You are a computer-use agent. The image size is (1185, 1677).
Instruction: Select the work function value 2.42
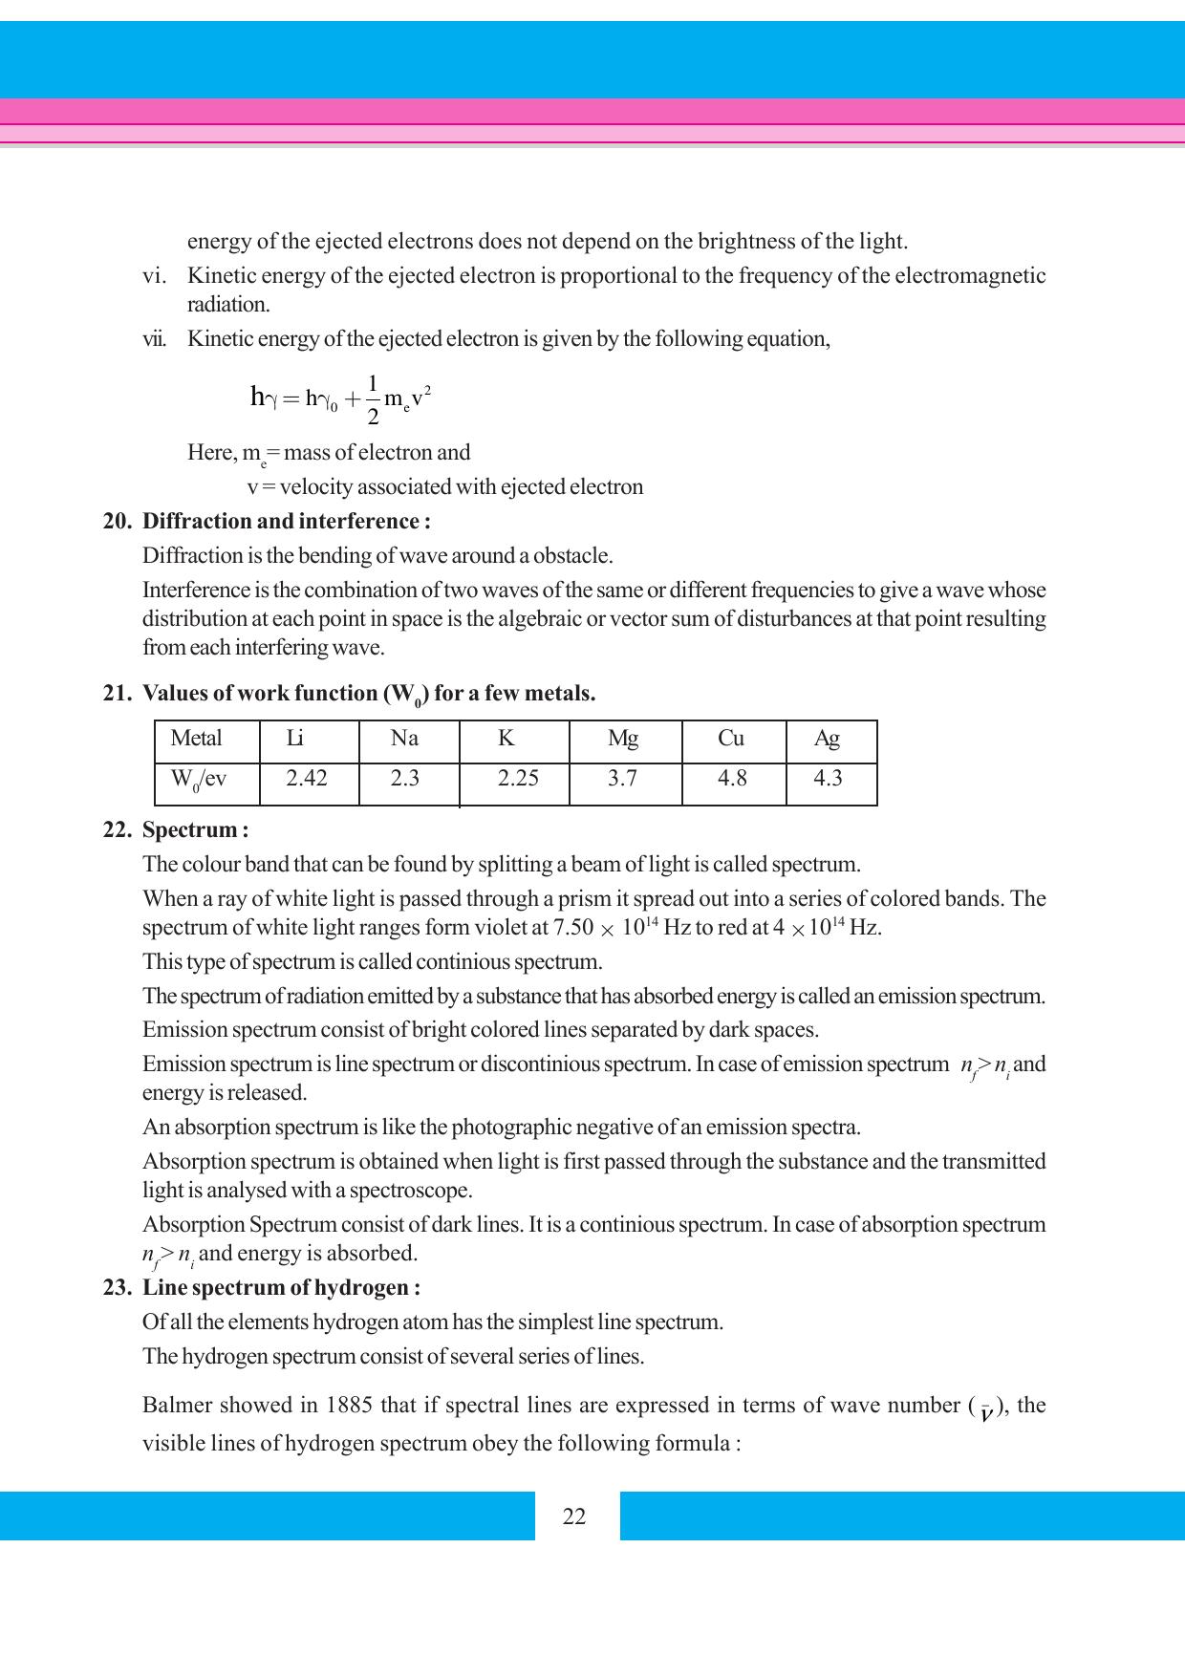coord(307,779)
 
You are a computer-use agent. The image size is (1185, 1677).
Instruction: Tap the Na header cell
coord(404,739)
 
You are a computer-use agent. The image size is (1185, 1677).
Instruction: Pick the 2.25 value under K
coord(518,779)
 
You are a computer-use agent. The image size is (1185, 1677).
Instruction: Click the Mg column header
coord(623,739)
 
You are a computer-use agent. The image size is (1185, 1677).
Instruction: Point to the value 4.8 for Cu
coord(732,779)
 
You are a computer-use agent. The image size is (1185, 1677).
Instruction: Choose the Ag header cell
coord(827,739)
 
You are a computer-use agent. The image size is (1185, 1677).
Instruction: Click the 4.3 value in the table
coord(828,779)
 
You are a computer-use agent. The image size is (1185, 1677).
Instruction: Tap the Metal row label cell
coord(196,739)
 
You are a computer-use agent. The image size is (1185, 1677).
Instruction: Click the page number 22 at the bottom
coord(574,1517)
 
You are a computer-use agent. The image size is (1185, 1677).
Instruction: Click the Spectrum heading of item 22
coord(195,830)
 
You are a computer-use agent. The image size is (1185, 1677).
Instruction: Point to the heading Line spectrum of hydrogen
coord(281,1288)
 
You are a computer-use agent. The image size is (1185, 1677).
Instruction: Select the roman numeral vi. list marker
coord(154,276)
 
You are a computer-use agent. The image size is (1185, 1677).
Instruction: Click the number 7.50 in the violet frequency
coord(574,928)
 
